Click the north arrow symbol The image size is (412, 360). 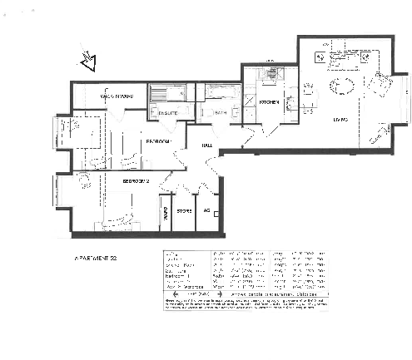click(87, 60)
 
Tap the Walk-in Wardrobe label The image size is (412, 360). click(117, 96)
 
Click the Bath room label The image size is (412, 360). click(221, 112)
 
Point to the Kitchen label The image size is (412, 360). click(268, 102)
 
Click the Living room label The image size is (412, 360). click(340, 121)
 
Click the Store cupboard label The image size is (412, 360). click(185, 210)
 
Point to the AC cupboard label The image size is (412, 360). click(206, 210)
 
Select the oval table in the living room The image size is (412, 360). click(341, 86)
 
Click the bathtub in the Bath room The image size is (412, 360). click(223, 93)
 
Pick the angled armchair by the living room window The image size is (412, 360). click(382, 84)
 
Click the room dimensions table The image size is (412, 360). click(243, 279)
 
